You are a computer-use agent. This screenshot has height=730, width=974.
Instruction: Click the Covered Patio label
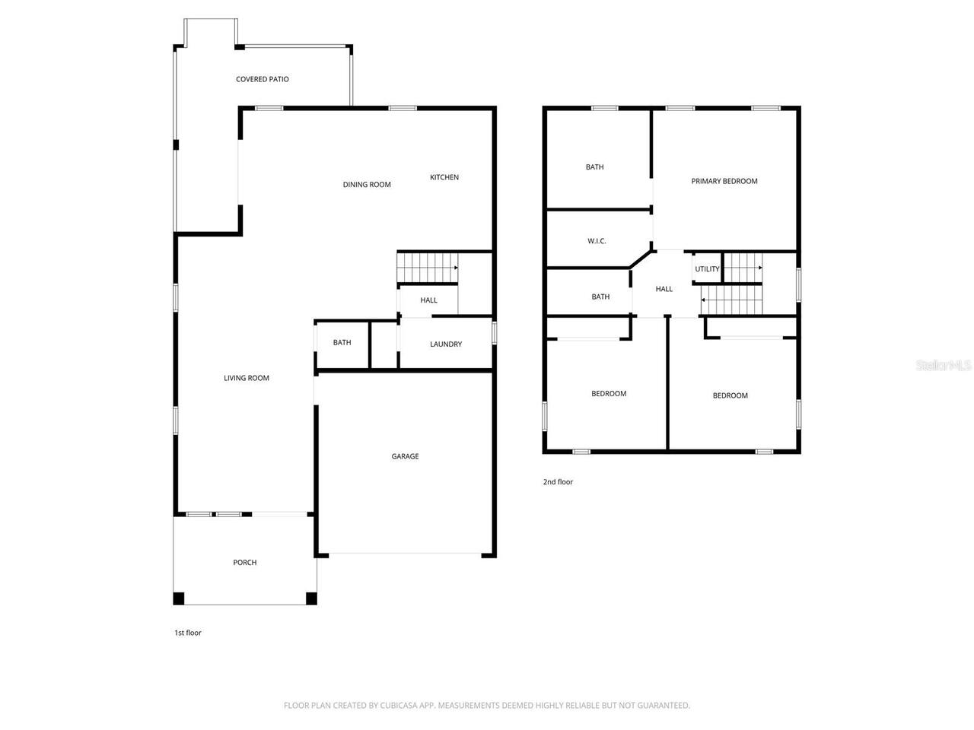click(262, 79)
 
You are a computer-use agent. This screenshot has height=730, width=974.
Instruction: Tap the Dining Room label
click(367, 185)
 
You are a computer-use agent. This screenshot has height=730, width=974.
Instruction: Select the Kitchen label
click(444, 177)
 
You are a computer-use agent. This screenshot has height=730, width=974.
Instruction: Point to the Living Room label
click(246, 378)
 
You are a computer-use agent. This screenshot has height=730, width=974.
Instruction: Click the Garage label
click(405, 456)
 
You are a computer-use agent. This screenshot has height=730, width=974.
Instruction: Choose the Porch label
click(244, 563)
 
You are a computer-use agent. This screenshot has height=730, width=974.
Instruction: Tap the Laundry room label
click(445, 344)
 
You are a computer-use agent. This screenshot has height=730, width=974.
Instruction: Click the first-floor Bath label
click(342, 343)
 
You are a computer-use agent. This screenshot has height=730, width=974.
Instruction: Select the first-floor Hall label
click(428, 300)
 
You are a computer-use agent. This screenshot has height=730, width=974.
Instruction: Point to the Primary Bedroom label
click(724, 181)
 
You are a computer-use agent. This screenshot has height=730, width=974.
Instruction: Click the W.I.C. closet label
click(597, 241)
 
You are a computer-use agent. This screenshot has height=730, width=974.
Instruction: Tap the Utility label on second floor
click(707, 269)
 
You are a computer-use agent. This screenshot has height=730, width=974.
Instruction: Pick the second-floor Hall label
click(664, 289)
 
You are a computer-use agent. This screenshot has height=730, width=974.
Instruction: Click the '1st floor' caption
click(188, 633)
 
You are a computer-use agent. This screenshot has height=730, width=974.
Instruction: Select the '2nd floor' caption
click(558, 482)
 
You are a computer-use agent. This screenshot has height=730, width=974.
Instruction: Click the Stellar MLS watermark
click(944, 366)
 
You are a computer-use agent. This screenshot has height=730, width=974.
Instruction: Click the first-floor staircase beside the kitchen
click(426, 268)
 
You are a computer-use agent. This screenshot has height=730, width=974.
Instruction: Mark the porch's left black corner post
click(179, 598)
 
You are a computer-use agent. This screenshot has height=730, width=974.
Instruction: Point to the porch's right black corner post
click(311, 598)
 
